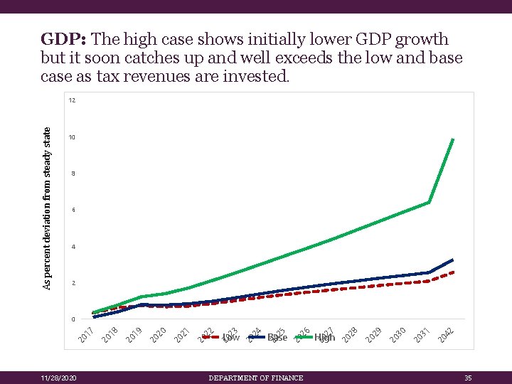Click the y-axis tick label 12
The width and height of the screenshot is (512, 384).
click(72, 100)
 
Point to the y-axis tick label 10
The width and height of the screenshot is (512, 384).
click(72, 137)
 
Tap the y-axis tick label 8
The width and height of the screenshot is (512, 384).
click(72, 174)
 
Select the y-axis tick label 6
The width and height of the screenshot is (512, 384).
click(72, 210)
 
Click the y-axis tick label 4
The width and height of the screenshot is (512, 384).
click(72, 247)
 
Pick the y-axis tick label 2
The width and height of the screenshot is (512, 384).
click(72, 284)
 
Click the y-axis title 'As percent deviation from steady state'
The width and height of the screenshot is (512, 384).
click(47, 208)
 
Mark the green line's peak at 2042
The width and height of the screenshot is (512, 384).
click(453, 139)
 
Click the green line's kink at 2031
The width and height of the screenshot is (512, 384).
click(429, 203)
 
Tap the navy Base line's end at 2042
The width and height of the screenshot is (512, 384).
click(453, 260)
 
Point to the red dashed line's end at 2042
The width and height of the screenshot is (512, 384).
click(453, 272)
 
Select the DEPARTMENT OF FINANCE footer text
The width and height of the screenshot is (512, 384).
click(256, 378)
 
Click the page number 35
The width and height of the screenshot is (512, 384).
click(467, 378)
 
